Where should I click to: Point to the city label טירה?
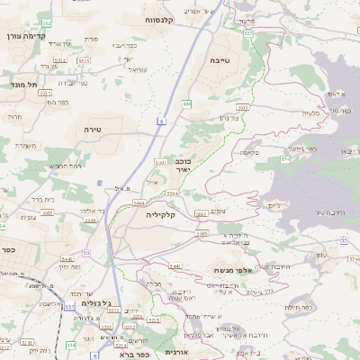pyautogui.click(x=92, y=130)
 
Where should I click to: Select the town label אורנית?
pyautogui.click(x=177, y=352)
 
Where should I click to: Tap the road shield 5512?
pyautogui.click(x=59, y=58)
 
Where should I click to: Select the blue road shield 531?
pyautogui.click(x=70, y=306)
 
